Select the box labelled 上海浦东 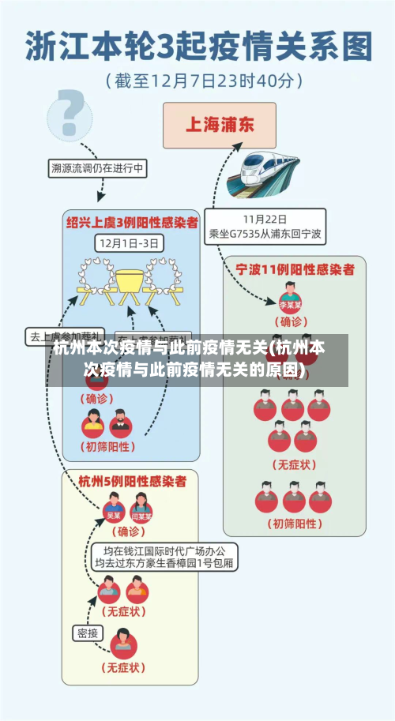click(x=219, y=125)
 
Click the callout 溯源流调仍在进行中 click(x=97, y=168)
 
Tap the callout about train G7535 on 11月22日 click(x=265, y=227)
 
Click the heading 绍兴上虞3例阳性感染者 click(x=130, y=223)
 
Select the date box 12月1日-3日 click(x=130, y=242)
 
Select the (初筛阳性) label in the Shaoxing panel click(x=107, y=446)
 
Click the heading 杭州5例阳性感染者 click(x=132, y=480)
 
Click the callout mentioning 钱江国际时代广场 click(x=164, y=557)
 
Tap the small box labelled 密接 click(x=88, y=633)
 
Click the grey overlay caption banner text click(x=197, y=359)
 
